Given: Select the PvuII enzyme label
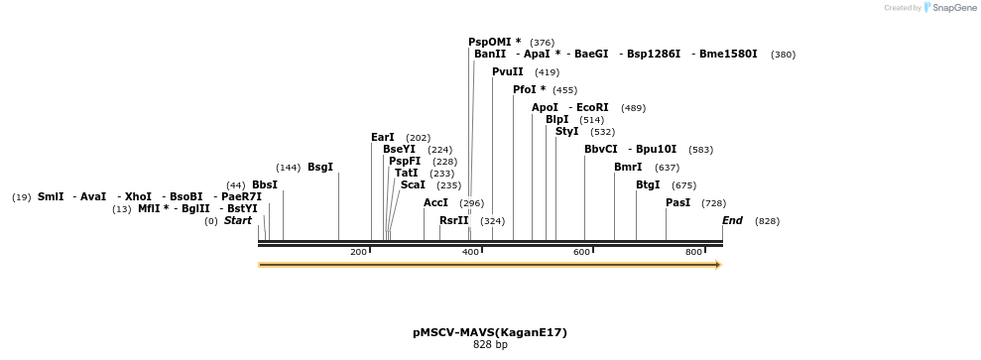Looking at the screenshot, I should coord(508,72).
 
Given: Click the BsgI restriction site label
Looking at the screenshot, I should coord(320,167).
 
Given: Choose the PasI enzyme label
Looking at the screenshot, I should coord(678,202).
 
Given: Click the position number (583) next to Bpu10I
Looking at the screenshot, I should coord(700,150).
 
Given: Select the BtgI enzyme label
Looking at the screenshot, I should coord(648,184).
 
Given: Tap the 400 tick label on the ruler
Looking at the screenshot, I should coord(470,253).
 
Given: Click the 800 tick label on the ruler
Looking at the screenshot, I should coord(693,253).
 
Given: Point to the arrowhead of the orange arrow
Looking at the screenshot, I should coord(717,265).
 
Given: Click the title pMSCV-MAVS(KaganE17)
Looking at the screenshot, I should coord(490,332).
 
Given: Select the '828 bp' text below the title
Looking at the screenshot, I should coord(490,345).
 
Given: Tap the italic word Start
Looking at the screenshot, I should coord(238,220).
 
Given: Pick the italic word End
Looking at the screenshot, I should coord(732,220).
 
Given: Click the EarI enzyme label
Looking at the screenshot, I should coord(382,137).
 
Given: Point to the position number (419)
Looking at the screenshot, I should coord(547,72).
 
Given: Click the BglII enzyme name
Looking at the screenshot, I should coord(195,208).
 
